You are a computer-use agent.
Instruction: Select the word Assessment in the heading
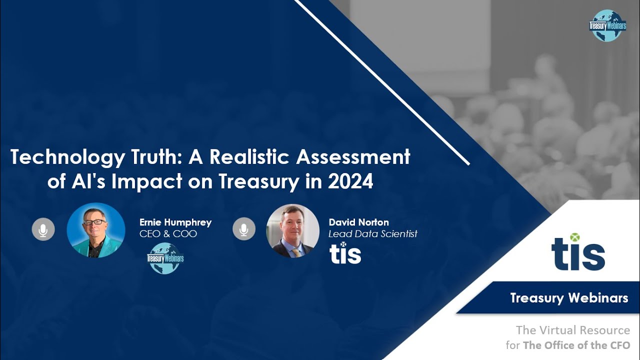pyautogui.click(x=353, y=157)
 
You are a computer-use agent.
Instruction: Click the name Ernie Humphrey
pyautogui.click(x=175, y=222)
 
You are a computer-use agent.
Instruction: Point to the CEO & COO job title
pyautogui.click(x=168, y=233)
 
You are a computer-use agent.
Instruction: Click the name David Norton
pyautogui.click(x=358, y=222)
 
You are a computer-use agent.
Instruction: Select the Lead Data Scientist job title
pyautogui.click(x=372, y=233)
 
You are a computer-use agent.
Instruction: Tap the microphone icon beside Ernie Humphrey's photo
pyautogui.click(x=43, y=230)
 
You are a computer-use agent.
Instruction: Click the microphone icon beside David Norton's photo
pyautogui.click(x=243, y=230)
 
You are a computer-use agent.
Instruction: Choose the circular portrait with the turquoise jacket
pyautogui.click(x=96, y=230)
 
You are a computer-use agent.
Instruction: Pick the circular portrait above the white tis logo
pyautogui.click(x=292, y=230)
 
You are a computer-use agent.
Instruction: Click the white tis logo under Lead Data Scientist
pyautogui.click(x=345, y=253)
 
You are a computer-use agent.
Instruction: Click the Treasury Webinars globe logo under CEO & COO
pyautogui.click(x=165, y=258)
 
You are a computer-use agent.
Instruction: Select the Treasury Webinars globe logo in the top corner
pyautogui.click(x=607, y=25)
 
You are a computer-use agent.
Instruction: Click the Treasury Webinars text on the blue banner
pyautogui.click(x=569, y=298)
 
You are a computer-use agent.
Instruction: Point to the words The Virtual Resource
pyautogui.click(x=572, y=330)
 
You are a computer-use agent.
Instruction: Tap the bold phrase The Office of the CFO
pyautogui.click(x=576, y=345)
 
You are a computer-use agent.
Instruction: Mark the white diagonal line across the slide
pyautogui.click(x=382, y=82)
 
